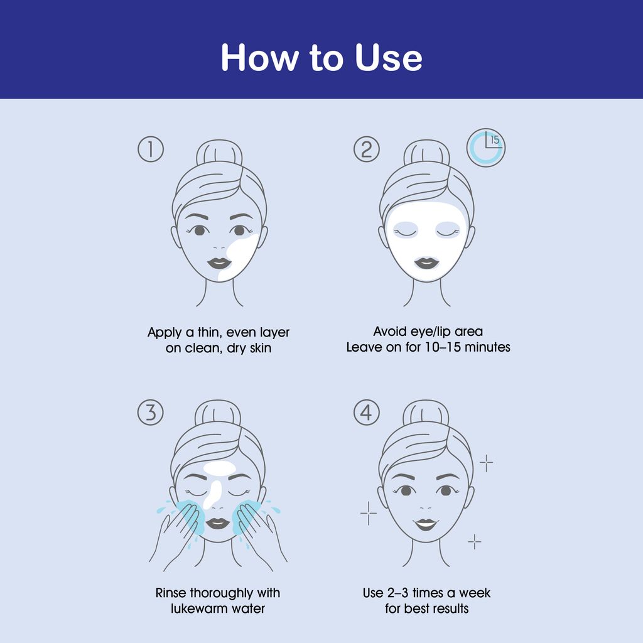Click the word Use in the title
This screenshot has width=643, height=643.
[x=388, y=57]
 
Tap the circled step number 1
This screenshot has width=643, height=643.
[x=151, y=149]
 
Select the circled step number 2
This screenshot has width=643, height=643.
[x=367, y=149]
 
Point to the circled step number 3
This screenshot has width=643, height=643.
[x=151, y=412]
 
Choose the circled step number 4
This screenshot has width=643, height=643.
[x=367, y=412]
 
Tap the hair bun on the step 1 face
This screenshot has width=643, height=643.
[x=219, y=153]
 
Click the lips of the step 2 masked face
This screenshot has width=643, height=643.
[x=426, y=263]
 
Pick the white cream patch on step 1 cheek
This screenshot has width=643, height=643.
[x=238, y=258]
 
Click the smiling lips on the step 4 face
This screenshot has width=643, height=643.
[x=426, y=524]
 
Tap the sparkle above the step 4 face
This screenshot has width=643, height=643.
[x=487, y=463]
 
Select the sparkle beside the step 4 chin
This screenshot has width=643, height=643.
[x=475, y=542]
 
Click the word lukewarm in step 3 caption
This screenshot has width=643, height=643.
[x=199, y=608]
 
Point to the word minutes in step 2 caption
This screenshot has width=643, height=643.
[x=487, y=347]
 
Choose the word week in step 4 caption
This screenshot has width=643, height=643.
[x=475, y=593]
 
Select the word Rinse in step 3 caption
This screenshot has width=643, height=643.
[x=171, y=593]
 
